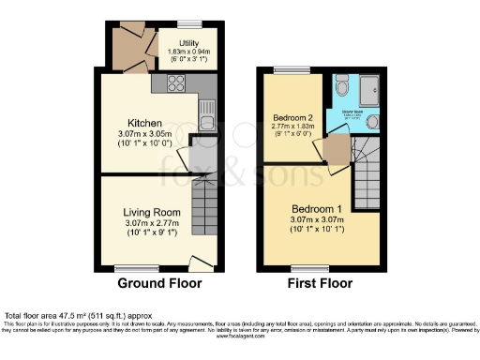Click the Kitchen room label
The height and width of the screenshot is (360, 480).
(x=145, y=124)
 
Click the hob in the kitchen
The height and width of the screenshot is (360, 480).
(x=175, y=84)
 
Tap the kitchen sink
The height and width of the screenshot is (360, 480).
(x=206, y=121)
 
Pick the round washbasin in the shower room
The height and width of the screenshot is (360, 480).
(x=373, y=122)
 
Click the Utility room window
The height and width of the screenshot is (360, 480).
(x=190, y=21)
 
